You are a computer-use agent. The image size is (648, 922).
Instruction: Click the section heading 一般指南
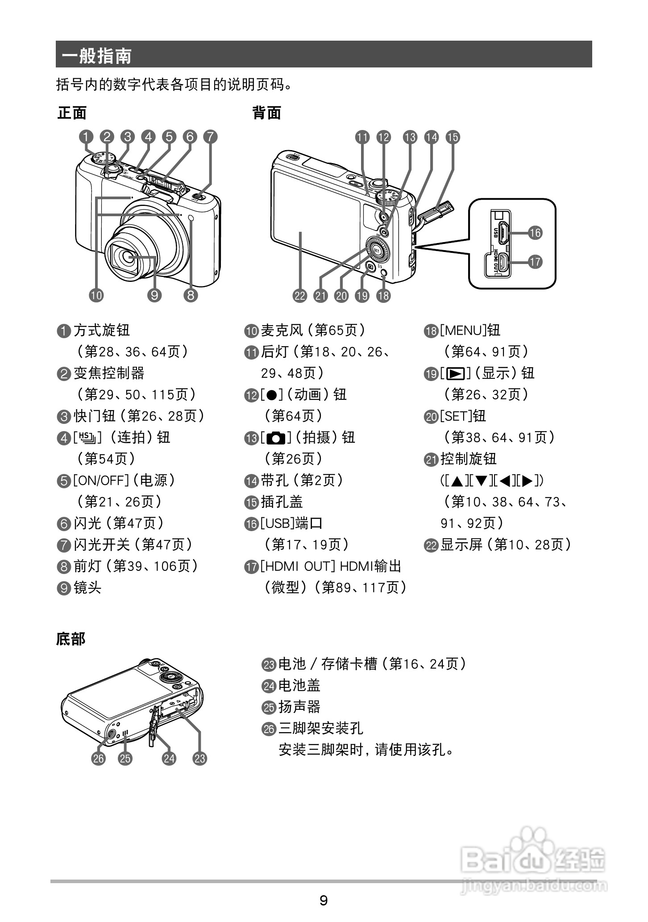tap(97, 56)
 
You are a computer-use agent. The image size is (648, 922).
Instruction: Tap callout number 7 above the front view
tap(210, 137)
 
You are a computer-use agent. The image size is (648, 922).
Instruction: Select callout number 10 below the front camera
tap(96, 295)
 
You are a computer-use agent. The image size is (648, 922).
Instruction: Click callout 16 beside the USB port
tap(535, 232)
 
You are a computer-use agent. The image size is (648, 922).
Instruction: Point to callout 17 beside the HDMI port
tap(535, 261)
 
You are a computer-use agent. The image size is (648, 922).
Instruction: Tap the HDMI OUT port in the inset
tap(502, 262)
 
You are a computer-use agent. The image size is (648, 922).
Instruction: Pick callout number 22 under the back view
tap(300, 295)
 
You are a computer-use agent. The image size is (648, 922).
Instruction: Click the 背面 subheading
tap(266, 113)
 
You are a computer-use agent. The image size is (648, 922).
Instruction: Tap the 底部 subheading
tap(71, 639)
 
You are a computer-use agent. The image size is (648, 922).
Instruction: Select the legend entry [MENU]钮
tap(470, 331)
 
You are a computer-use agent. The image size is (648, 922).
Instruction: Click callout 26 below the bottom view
tap(99, 758)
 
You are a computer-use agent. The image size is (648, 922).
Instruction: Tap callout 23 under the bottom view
tap(199, 758)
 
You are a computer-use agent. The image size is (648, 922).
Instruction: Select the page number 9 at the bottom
tap(324, 900)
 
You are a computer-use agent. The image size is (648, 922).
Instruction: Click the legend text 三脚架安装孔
tap(320, 729)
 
